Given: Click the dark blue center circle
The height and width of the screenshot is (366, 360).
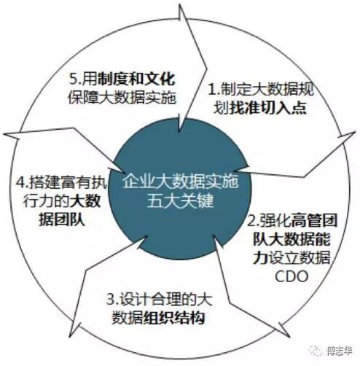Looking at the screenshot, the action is coord(180,189).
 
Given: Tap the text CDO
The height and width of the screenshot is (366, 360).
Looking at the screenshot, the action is coord(291,276).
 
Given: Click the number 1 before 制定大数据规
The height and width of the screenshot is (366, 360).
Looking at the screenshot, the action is coord(212,90).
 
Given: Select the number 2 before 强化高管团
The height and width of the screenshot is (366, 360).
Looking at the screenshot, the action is coord(251,221).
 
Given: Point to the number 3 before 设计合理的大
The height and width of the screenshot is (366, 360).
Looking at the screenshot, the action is coord(111,300).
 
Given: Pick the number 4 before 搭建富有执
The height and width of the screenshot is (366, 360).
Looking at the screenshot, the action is coord(20,182).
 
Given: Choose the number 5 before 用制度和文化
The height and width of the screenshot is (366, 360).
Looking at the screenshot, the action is coord(73,79).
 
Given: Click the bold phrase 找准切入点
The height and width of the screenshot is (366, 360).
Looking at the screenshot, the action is coord(267,108).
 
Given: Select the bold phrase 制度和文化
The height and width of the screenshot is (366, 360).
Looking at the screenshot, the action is coord(136,79).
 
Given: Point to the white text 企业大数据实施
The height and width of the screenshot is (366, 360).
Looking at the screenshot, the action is coord(180,181).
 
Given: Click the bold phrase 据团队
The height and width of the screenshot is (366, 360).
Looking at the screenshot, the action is coord(62,220).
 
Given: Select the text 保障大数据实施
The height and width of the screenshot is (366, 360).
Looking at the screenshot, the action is coord(122,98).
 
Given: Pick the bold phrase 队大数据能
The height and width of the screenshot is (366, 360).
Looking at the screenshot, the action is coord(291,239).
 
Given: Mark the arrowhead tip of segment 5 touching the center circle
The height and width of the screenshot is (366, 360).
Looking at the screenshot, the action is coord(179,132).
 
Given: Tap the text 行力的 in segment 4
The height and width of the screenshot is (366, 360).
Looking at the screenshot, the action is coord(46,201).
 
